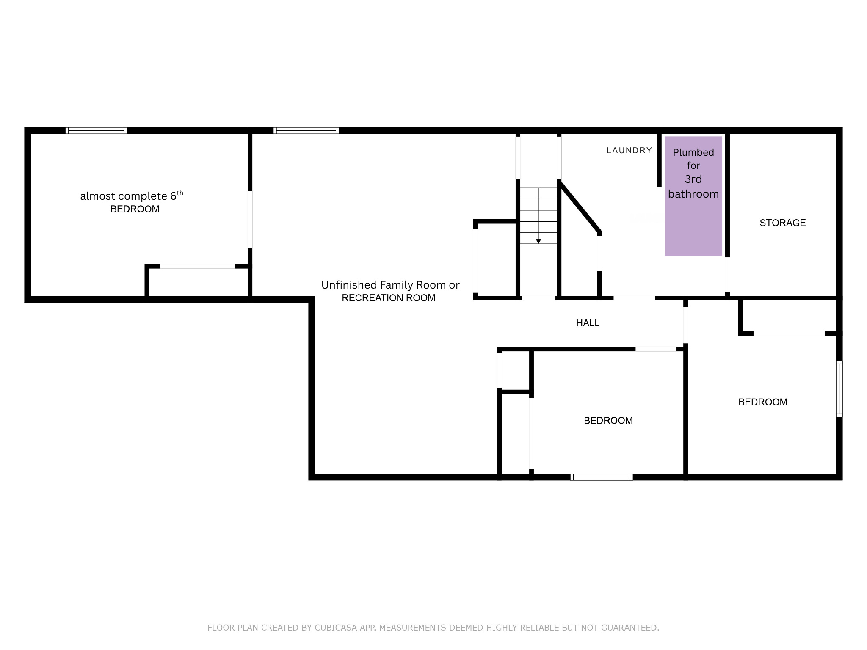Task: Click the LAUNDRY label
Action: click(x=629, y=150)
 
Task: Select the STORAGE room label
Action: click(x=782, y=223)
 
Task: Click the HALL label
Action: click(x=588, y=323)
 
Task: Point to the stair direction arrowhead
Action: click(x=538, y=241)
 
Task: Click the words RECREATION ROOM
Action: click(x=388, y=298)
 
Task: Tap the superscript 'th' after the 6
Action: click(x=180, y=193)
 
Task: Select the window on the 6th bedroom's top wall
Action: click(x=96, y=131)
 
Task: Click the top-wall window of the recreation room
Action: click(x=306, y=131)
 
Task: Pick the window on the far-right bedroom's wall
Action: click(x=839, y=388)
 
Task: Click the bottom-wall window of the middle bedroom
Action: click(x=601, y=477)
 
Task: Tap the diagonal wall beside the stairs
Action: click(x=579, y=207)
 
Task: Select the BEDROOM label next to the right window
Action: click(x=762, y=402)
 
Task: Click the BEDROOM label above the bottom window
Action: click(x=608, y=421)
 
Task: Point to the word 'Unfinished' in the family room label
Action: click(x=349, y=285)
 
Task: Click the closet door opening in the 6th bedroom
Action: click(x=197, y=266)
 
